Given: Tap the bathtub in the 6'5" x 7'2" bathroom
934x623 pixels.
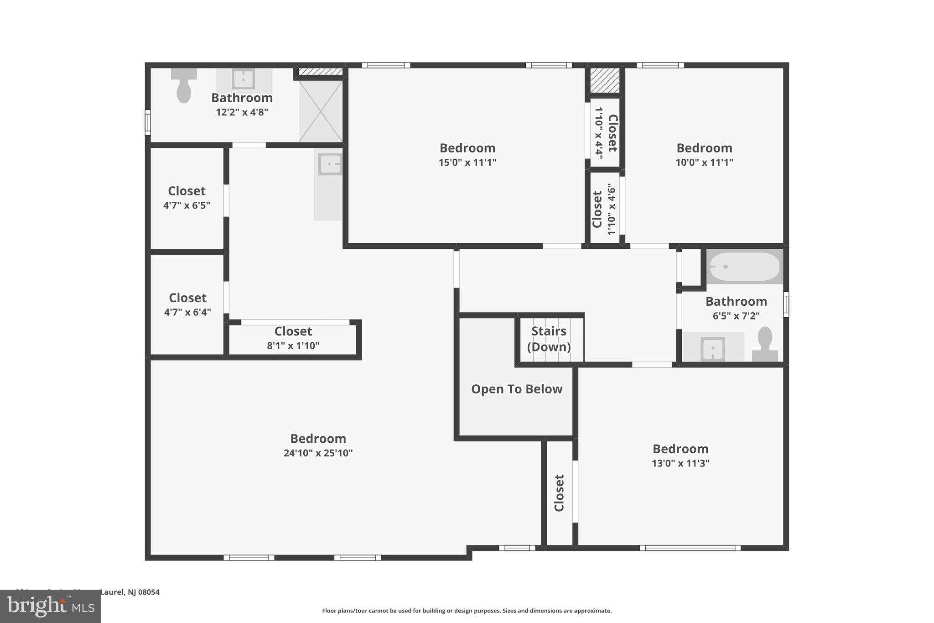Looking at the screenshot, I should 744,267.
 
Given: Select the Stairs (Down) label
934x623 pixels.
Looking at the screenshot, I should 549,339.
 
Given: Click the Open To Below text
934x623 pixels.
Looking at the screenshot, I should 516,389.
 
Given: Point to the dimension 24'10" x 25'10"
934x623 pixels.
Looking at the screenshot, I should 318,453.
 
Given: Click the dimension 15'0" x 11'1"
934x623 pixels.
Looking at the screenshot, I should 467,162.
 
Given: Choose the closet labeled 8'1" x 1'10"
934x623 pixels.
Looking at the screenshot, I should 293,338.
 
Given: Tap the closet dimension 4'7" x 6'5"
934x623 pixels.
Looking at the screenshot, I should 187,205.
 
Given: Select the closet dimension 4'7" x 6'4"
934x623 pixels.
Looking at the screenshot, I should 187,312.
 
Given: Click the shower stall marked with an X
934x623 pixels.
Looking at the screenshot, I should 321,111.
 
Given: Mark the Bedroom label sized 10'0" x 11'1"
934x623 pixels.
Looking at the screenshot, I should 704,148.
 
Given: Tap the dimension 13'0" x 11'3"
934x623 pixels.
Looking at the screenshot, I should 680,463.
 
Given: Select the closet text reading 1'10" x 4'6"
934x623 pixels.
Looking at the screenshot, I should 612,209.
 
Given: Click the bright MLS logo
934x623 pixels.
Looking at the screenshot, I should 51,606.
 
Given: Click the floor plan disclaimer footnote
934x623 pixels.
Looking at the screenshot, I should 467,611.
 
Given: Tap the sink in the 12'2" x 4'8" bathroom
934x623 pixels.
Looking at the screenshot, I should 244,79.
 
